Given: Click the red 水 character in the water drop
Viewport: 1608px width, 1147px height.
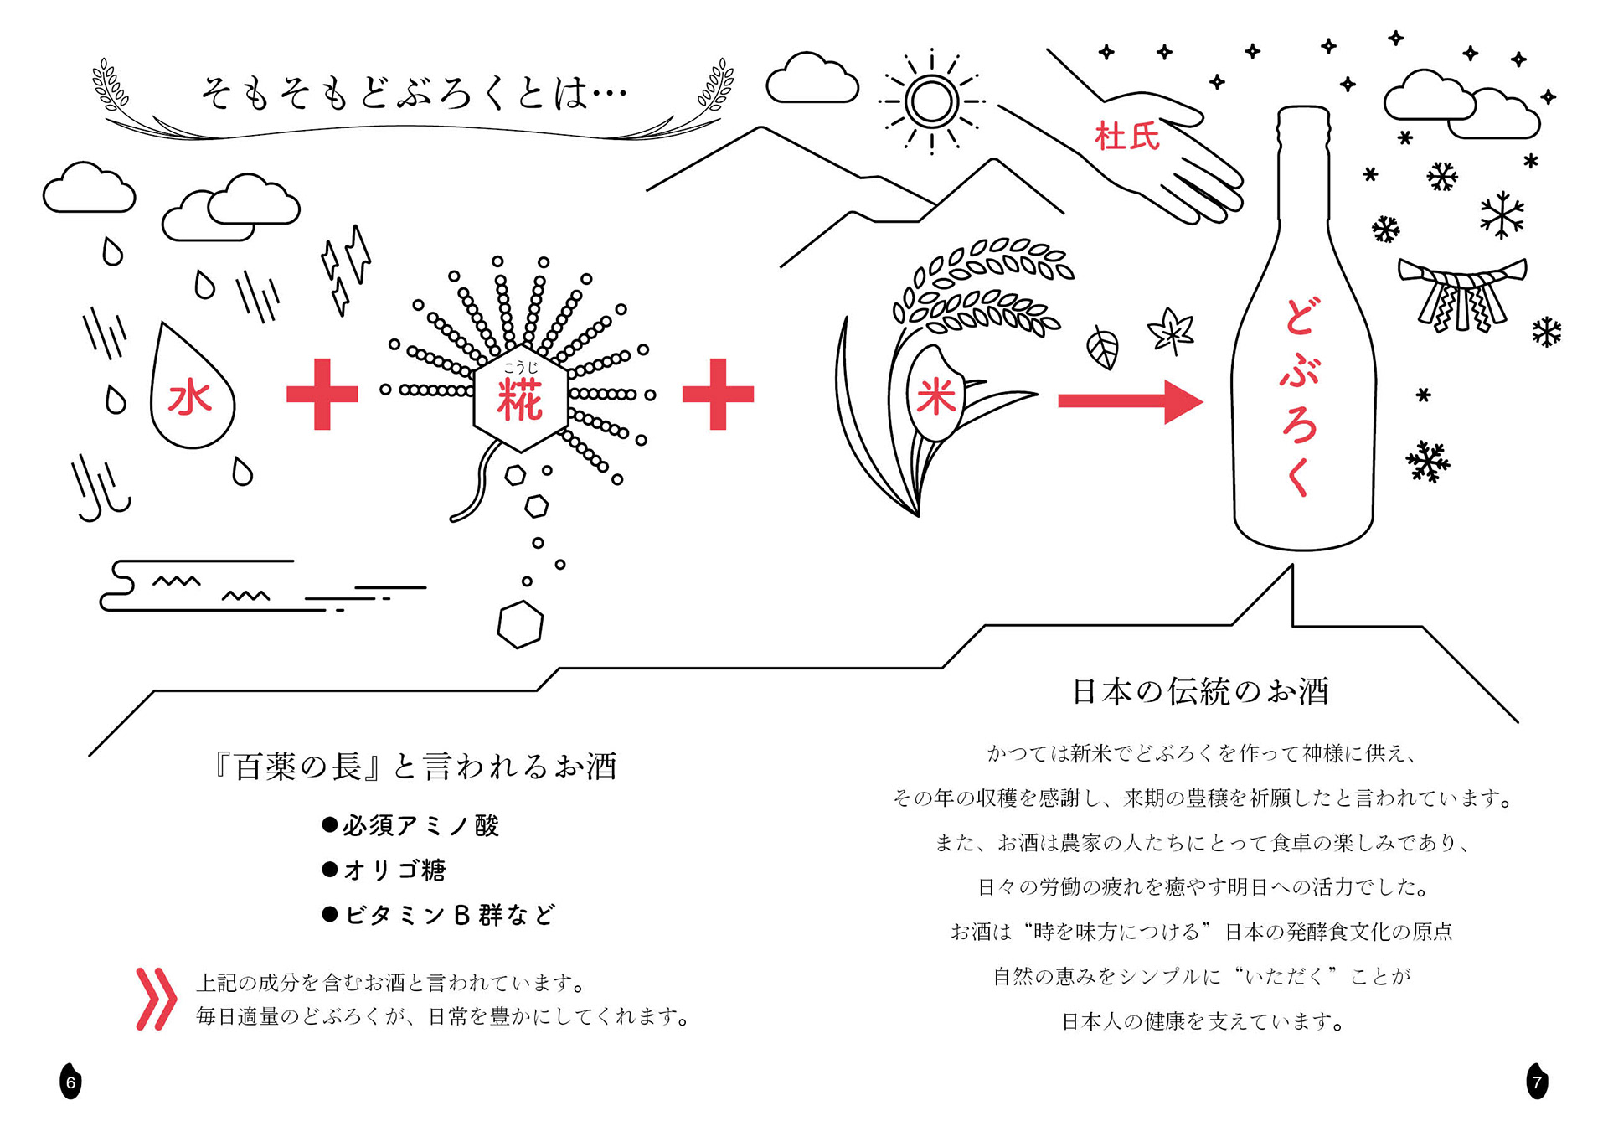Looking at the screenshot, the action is pos(190,398).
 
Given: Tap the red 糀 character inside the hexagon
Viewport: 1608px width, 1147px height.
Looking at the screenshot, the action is pos(520,400).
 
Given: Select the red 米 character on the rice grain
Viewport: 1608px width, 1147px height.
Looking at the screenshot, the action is pos(935,395).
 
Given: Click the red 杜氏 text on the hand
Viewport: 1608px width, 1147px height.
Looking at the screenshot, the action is pos(1127,137).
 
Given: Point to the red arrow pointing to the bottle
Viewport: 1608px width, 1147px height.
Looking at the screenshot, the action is pos(1130,401).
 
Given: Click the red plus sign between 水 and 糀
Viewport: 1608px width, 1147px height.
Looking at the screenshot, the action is pos(322,395).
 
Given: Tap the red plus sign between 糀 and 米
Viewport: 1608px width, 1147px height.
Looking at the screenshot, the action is pos(718,395).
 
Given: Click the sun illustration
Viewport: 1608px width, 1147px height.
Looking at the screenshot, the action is pos(931,102).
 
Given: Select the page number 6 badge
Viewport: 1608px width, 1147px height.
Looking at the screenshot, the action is pos(71,1082).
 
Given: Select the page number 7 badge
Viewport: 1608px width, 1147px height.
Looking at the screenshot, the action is pos(1537,1082).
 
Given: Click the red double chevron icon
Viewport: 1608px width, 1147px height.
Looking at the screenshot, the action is pos(156,999).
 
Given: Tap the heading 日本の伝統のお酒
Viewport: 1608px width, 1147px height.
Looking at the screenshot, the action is pos(1200,692).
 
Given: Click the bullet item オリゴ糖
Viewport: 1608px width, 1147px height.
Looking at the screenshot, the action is pos(385,871).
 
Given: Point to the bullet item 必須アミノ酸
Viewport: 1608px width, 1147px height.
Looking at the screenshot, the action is pos(411,826).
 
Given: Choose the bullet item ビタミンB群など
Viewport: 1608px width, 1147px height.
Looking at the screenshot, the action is pos(439,915).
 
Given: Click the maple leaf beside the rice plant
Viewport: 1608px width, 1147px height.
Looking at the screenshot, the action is pos(1172,331).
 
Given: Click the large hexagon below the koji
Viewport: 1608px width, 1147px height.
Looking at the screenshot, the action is pos(520,624).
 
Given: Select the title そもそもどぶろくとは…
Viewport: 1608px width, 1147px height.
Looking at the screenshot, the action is pos(414,93).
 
